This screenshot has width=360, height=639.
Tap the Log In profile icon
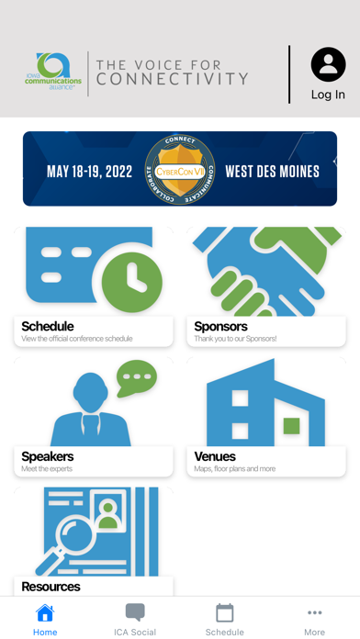[328, 66]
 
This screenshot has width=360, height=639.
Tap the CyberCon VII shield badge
[180, 170]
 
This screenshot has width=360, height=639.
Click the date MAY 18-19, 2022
[89, 172]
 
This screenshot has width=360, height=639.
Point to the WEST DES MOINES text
[272, 172]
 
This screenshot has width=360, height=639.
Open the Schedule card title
[48, 326]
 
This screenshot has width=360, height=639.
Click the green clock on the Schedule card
[131, 276]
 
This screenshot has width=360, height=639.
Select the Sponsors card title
[220, 326]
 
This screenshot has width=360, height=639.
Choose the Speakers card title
[48, 456]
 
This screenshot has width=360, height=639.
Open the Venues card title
[215, 456]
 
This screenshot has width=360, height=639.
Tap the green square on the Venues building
[291, 425]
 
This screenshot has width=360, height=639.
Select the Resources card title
[51, 586]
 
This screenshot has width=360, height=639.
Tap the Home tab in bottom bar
[45, 620]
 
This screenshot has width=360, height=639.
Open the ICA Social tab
[135, 620]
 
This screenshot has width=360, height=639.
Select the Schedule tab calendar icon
[225, 613]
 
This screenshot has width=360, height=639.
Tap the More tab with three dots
[314, 620]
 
